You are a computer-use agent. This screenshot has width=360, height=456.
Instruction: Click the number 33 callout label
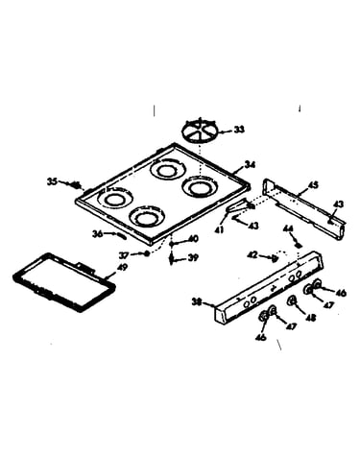pos(239,130)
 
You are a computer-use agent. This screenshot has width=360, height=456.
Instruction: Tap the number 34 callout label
pos(250,165)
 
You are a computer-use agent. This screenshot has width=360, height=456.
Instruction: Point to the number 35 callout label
pos(52,181)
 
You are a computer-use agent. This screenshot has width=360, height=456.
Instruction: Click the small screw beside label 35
pos(75,185)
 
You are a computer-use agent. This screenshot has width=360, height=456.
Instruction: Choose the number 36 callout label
pos(97,234)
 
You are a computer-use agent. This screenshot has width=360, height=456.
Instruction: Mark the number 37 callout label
pos(124,255)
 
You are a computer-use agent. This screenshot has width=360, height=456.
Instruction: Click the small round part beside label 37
pos(147,253)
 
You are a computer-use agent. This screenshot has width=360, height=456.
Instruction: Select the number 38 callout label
pos(197,301)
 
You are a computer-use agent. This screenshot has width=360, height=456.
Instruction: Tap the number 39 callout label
pos(193,257)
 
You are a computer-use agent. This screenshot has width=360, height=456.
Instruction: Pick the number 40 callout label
pos(193,239)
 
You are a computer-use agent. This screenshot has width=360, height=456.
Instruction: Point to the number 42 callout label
pos(252,255)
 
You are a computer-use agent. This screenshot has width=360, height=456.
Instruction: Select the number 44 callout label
pos(289,228)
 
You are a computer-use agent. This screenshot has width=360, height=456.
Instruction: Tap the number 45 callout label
pos(313,185)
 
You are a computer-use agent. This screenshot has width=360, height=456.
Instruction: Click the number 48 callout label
pos(311,318)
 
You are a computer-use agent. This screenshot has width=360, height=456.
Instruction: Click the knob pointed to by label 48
pos(292,300)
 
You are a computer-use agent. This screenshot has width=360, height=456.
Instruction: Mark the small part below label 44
pos(299,246)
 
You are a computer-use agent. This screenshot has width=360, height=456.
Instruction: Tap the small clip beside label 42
pos(275,258)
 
